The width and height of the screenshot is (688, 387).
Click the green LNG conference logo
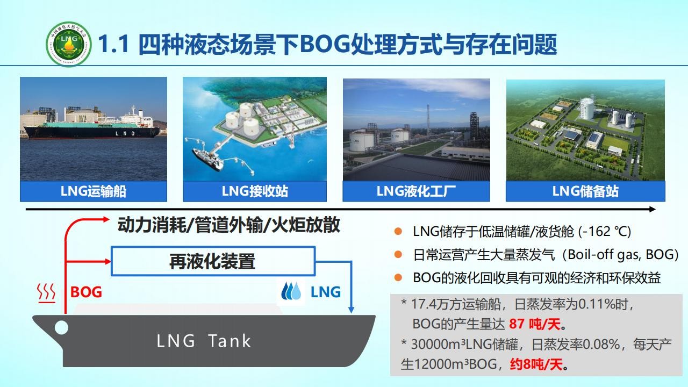tap(69, 44)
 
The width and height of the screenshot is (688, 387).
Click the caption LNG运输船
tap(94, 191)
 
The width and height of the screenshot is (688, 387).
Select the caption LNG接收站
tap(255, 191)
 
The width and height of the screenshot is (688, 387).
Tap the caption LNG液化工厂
tap(416, 191)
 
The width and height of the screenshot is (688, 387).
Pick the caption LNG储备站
tap(585, 191)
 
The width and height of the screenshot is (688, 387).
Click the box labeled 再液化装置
tap(213, 261)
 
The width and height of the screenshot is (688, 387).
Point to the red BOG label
tap(86, 292)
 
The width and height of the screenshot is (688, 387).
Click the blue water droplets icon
tap(291, 291)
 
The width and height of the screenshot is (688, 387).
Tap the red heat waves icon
tap(46, 293)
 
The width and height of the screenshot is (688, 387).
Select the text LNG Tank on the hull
tap(204, 341)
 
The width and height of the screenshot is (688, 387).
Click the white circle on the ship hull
tap(61, 327)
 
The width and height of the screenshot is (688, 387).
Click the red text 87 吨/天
tap(535, 324)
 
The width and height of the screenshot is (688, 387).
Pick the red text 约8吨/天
tap(536, 364)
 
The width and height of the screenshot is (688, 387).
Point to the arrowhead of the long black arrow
tap(653, 210)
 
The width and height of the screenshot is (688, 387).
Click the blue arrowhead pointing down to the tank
tap(351, 310)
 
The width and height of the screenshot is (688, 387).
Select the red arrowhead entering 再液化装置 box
tap(107, 262)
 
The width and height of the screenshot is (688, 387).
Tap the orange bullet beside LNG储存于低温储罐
tap(398, 231)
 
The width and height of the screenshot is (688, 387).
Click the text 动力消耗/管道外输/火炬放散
tap(229, 225)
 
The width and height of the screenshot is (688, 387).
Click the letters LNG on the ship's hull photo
tap(125, 133)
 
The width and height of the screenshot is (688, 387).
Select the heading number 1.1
tap(113, 45)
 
